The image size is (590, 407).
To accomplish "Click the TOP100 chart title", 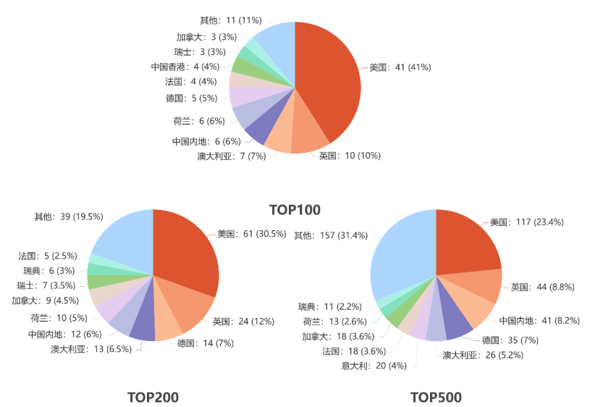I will click(x=295, y=210).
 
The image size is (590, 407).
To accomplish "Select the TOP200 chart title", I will click(x=153, y=397).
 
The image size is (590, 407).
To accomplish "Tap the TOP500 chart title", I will click(x=436, y=397).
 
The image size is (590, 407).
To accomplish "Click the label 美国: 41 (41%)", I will click(x=400, y=67).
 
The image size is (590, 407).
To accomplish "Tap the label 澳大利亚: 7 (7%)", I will click(x=231, y=156).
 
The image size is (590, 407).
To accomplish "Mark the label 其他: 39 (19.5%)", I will click(x=69, y=217).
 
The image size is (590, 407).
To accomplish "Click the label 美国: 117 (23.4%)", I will click(x=526, y=222).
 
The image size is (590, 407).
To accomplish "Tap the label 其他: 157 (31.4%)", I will click(x=331, y=235).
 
